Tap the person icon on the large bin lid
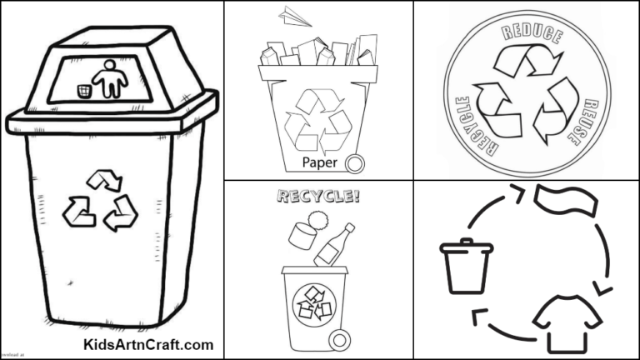tap(109, 80)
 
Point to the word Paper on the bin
tap(320, 162)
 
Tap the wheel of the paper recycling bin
tap(356, 162)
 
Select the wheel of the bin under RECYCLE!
tap(339, 339)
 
